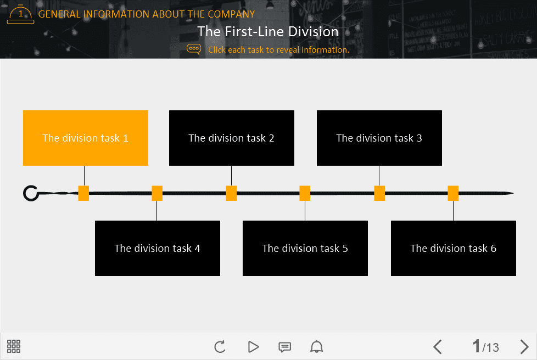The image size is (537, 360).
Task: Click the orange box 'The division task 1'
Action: pyautogui.click(x=86, y=138)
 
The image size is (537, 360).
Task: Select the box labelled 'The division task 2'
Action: pyautogui.click(x=231, y=138)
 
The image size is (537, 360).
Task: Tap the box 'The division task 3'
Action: pyautogui.click(x=379, y=138)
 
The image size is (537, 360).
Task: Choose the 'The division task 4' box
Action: pyautogui.click(x=157, y=248)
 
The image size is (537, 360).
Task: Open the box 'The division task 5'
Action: pyautogui.click(x=305, y=248)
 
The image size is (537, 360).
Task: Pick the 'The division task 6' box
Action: pyautogui.click(x=453, y=248)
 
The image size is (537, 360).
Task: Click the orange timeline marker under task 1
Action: pyautogui.click(x=83, y=193)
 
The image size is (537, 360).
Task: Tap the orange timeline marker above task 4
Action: pyautogui.click(x=157, y=193)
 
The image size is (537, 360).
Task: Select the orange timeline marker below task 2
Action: pyautogui.click(x=231, y=193)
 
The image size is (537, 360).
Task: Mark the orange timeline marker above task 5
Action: pyautogui.click(x=305, y=193)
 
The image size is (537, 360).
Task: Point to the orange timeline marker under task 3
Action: pyautogui.click(x=379, y=193)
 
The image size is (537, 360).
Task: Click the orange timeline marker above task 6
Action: pyautogui.click(x=453, y=193)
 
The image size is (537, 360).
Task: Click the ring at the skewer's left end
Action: pyautogui.click(x=31, y=193)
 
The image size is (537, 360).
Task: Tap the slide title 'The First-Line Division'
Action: pyautogui.click(x=268, y=31)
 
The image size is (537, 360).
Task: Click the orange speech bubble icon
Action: pyautogui.click(x=194, y=49)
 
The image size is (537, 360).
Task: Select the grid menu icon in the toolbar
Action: pyautogui.click(x=14, y=346)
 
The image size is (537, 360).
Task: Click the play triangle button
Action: pyautogui.click(x=253, y=347)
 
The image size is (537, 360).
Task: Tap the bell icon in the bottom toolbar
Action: pyautogui.click(x=317, y=347)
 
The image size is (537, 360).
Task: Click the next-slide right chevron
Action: pyautogui.click(x=524, y=347)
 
